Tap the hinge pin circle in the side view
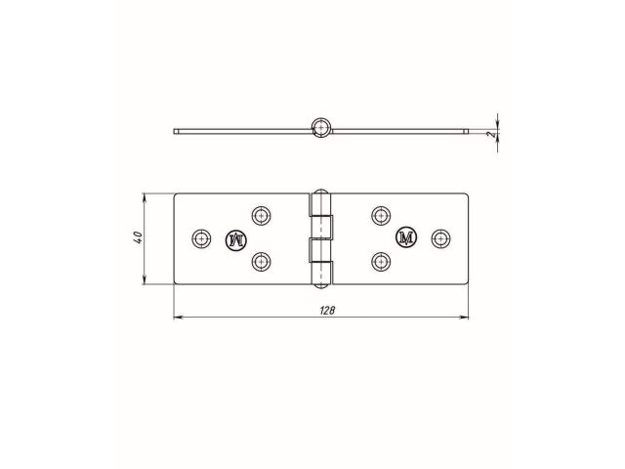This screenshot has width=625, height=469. click(x=320, y=127)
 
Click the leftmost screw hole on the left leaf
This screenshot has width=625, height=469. click(x=201, y=238)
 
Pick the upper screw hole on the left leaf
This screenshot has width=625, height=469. click(x=261, y=215)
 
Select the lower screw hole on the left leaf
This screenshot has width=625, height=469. click(x=261, y=261)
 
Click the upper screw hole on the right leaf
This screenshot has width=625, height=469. click(x=381, y=215)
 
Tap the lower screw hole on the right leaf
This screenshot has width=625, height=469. click(x=381, y=261)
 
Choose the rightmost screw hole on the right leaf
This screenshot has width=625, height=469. click(x=441, y=238)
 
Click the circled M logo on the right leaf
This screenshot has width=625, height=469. click(x=406, y=238)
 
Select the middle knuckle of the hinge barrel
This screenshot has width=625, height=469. click(x=320, y=238)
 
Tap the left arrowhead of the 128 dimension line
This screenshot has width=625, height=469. click(x=178, y=318)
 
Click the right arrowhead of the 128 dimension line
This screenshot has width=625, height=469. click(x=464, y=318)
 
